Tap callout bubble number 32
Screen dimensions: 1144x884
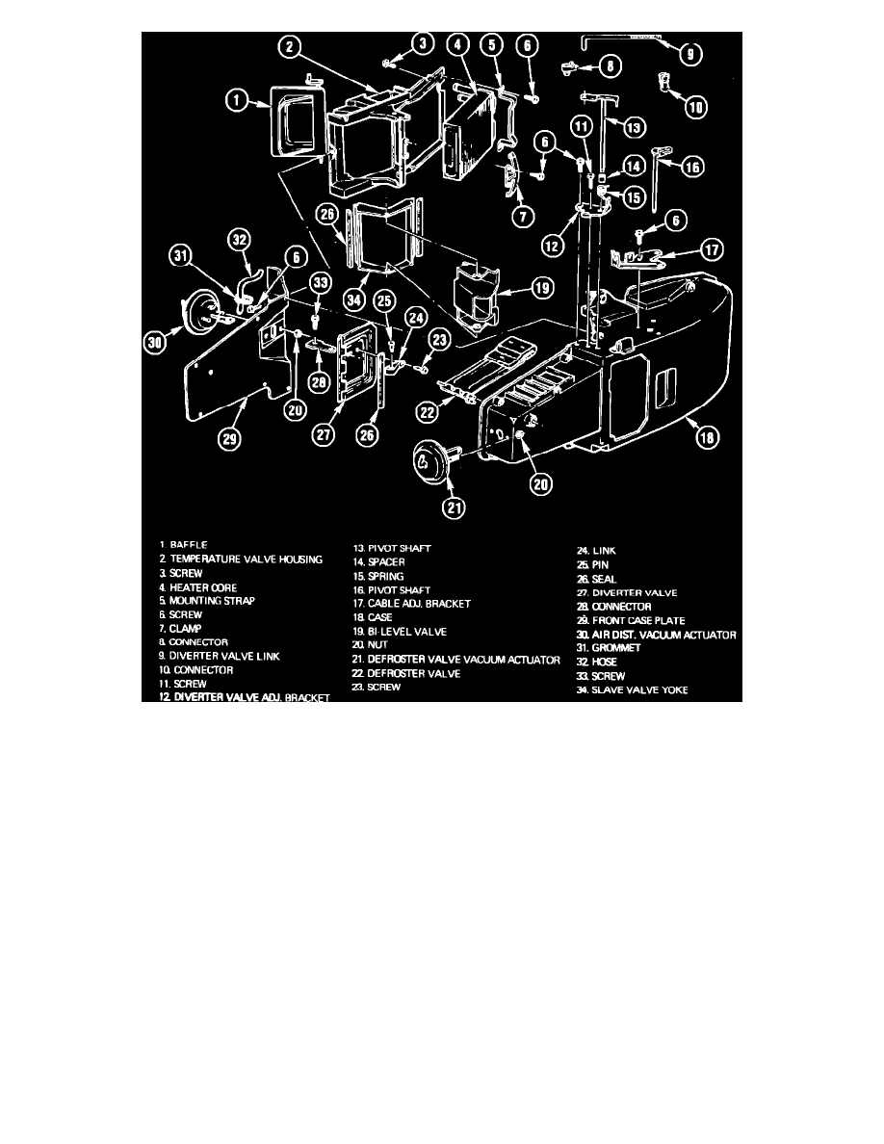point(240,240)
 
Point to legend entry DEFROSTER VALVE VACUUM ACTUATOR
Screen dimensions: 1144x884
point(456,660)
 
